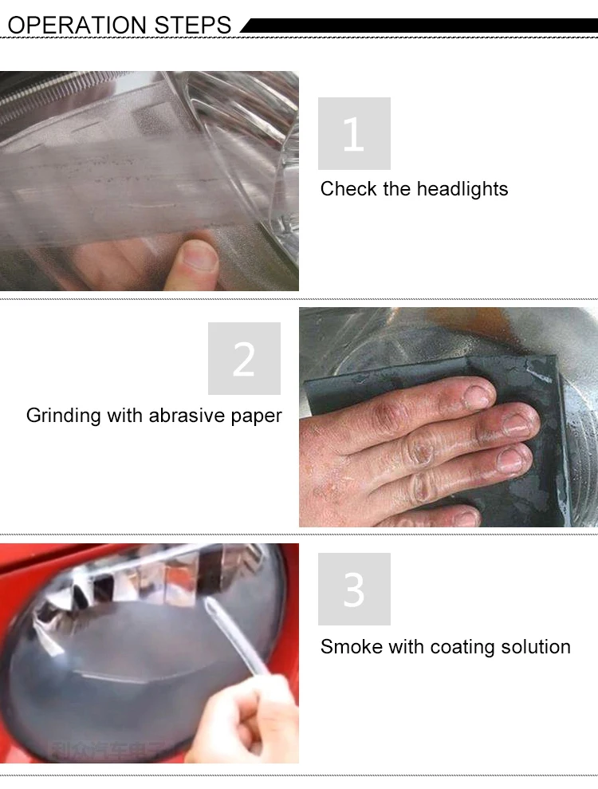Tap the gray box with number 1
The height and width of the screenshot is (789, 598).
click(354, 133)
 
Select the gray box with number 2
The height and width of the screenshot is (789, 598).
click(244, 358)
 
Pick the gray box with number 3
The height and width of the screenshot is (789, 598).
click(354, 589)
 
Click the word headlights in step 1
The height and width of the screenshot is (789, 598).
click(462, 189)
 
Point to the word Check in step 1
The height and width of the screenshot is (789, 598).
click(345, 189)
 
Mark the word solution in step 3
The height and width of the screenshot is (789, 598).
click(536, 646)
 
